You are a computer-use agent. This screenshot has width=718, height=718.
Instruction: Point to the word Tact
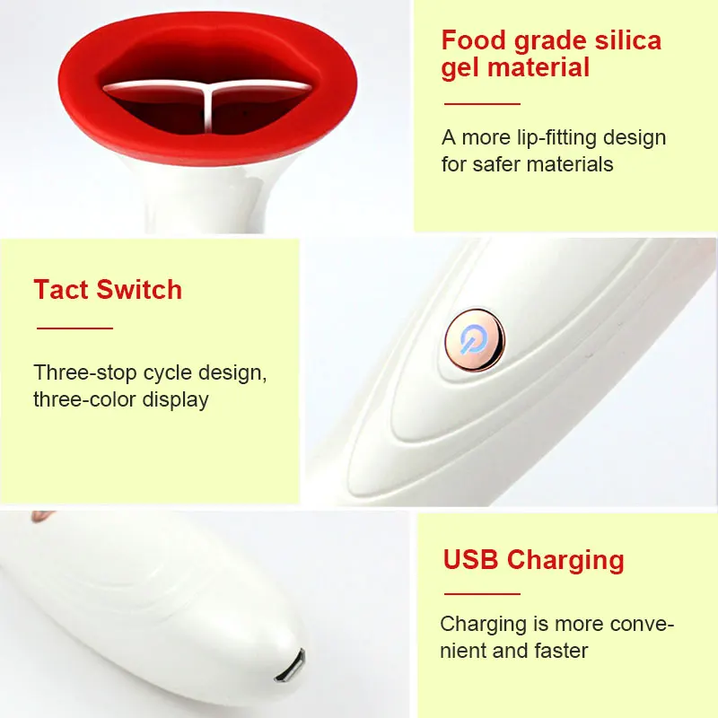[61, 290]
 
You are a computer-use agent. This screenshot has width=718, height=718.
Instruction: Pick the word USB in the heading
[471, 560]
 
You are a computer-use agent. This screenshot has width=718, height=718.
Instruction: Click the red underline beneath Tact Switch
[74, 328]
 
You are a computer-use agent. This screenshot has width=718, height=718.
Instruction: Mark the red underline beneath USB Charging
[482, 593]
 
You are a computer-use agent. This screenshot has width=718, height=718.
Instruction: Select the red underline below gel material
[482, 104]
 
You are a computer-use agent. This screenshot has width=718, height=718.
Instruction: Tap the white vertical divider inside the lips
[209, 108]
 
